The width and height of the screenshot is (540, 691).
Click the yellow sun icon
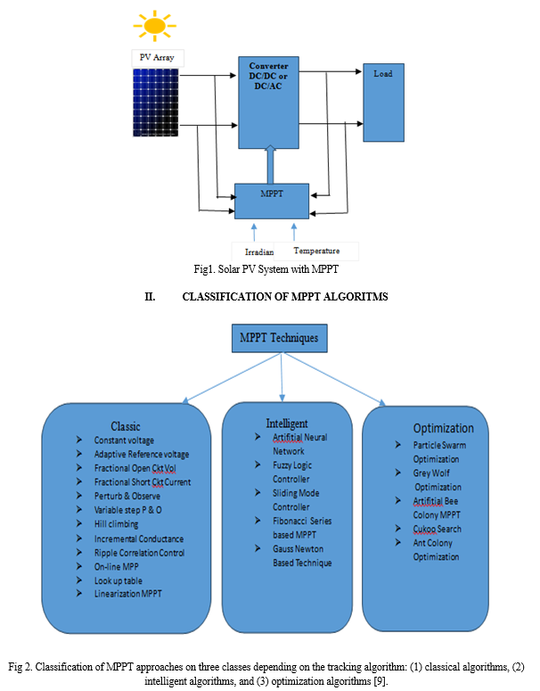154,26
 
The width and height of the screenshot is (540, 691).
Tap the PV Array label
157,57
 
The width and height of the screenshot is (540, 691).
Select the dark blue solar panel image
156,103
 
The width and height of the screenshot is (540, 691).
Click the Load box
383,103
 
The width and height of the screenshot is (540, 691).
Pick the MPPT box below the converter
271,201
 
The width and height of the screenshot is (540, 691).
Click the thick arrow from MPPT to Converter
271,164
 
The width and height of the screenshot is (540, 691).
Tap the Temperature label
316,251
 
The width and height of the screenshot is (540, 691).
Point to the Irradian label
259,251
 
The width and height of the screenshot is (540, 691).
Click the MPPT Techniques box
279,338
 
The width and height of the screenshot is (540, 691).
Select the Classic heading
126,426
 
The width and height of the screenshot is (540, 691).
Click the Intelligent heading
287,424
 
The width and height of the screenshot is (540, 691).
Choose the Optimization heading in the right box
443,428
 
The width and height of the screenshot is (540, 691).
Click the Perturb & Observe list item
127,496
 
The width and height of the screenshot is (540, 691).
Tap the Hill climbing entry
116,523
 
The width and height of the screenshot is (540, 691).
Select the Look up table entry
118,580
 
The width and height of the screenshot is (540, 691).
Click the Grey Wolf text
431,473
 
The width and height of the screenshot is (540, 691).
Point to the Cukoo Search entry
437,529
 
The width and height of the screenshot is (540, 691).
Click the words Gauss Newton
298,548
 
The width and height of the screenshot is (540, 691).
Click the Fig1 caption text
266,269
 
